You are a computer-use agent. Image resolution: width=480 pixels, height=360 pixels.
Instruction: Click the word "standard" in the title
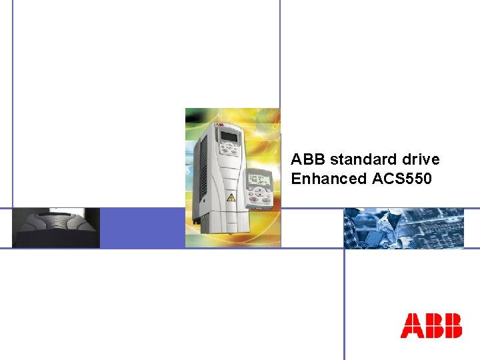(358, 160)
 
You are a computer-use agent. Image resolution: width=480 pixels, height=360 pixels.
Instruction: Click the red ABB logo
(431, 326)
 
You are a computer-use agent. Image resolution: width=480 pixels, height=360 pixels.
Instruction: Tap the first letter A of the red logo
(411, 326)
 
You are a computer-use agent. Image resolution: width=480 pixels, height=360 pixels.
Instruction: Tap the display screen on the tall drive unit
(229, 137)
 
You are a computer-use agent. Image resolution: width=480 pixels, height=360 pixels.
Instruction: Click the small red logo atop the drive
(219, 125)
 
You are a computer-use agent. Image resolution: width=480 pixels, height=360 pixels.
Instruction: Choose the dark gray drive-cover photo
(56, 228)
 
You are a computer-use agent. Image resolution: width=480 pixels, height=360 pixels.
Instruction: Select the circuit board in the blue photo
(440, 230)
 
